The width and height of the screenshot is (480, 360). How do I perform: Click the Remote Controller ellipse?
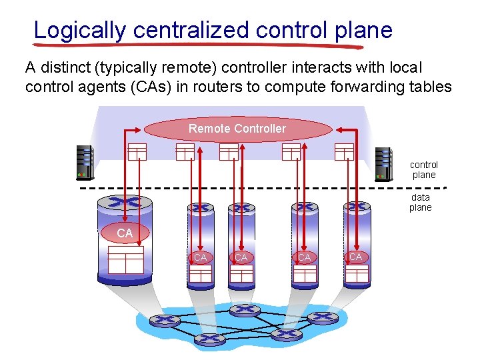(237, 129)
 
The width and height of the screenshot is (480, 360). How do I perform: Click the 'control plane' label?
(424, 170)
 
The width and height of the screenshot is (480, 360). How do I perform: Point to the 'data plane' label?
(421, 202)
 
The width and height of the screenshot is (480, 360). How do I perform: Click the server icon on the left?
(85, 163)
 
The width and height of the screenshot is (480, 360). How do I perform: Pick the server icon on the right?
(383, 163)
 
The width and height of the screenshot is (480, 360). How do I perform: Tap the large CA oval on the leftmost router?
(125, 233)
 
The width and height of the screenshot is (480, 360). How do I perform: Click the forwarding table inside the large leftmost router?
(126, 259)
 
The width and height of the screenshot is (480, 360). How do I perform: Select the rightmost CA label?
(356, 257)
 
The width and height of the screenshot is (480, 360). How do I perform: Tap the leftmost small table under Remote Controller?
(137, 152)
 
